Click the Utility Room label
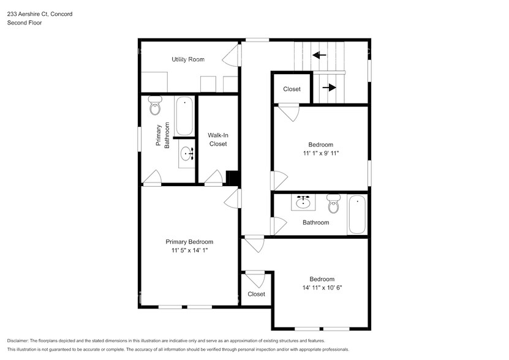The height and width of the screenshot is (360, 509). click(187, 59)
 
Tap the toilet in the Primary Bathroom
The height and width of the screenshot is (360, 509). click(156, 108)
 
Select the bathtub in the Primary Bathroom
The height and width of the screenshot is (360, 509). click(184, 116)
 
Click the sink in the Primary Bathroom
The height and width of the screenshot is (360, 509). click(186, 154)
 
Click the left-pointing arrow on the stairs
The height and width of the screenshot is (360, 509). click(319, 55)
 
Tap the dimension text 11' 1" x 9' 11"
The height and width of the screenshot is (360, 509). click(320, 153)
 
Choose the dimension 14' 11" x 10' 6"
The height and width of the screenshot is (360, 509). click(322, 288)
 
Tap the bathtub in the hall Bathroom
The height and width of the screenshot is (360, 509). click(356, 214)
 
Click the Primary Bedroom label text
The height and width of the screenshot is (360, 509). click(189, 242)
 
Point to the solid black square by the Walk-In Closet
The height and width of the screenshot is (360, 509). click(232, 177)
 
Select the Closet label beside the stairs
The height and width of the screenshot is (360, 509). click(292, 89)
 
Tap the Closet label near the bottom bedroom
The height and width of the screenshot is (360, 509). click(256, 294)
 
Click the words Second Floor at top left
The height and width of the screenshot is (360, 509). click(24, 23)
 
